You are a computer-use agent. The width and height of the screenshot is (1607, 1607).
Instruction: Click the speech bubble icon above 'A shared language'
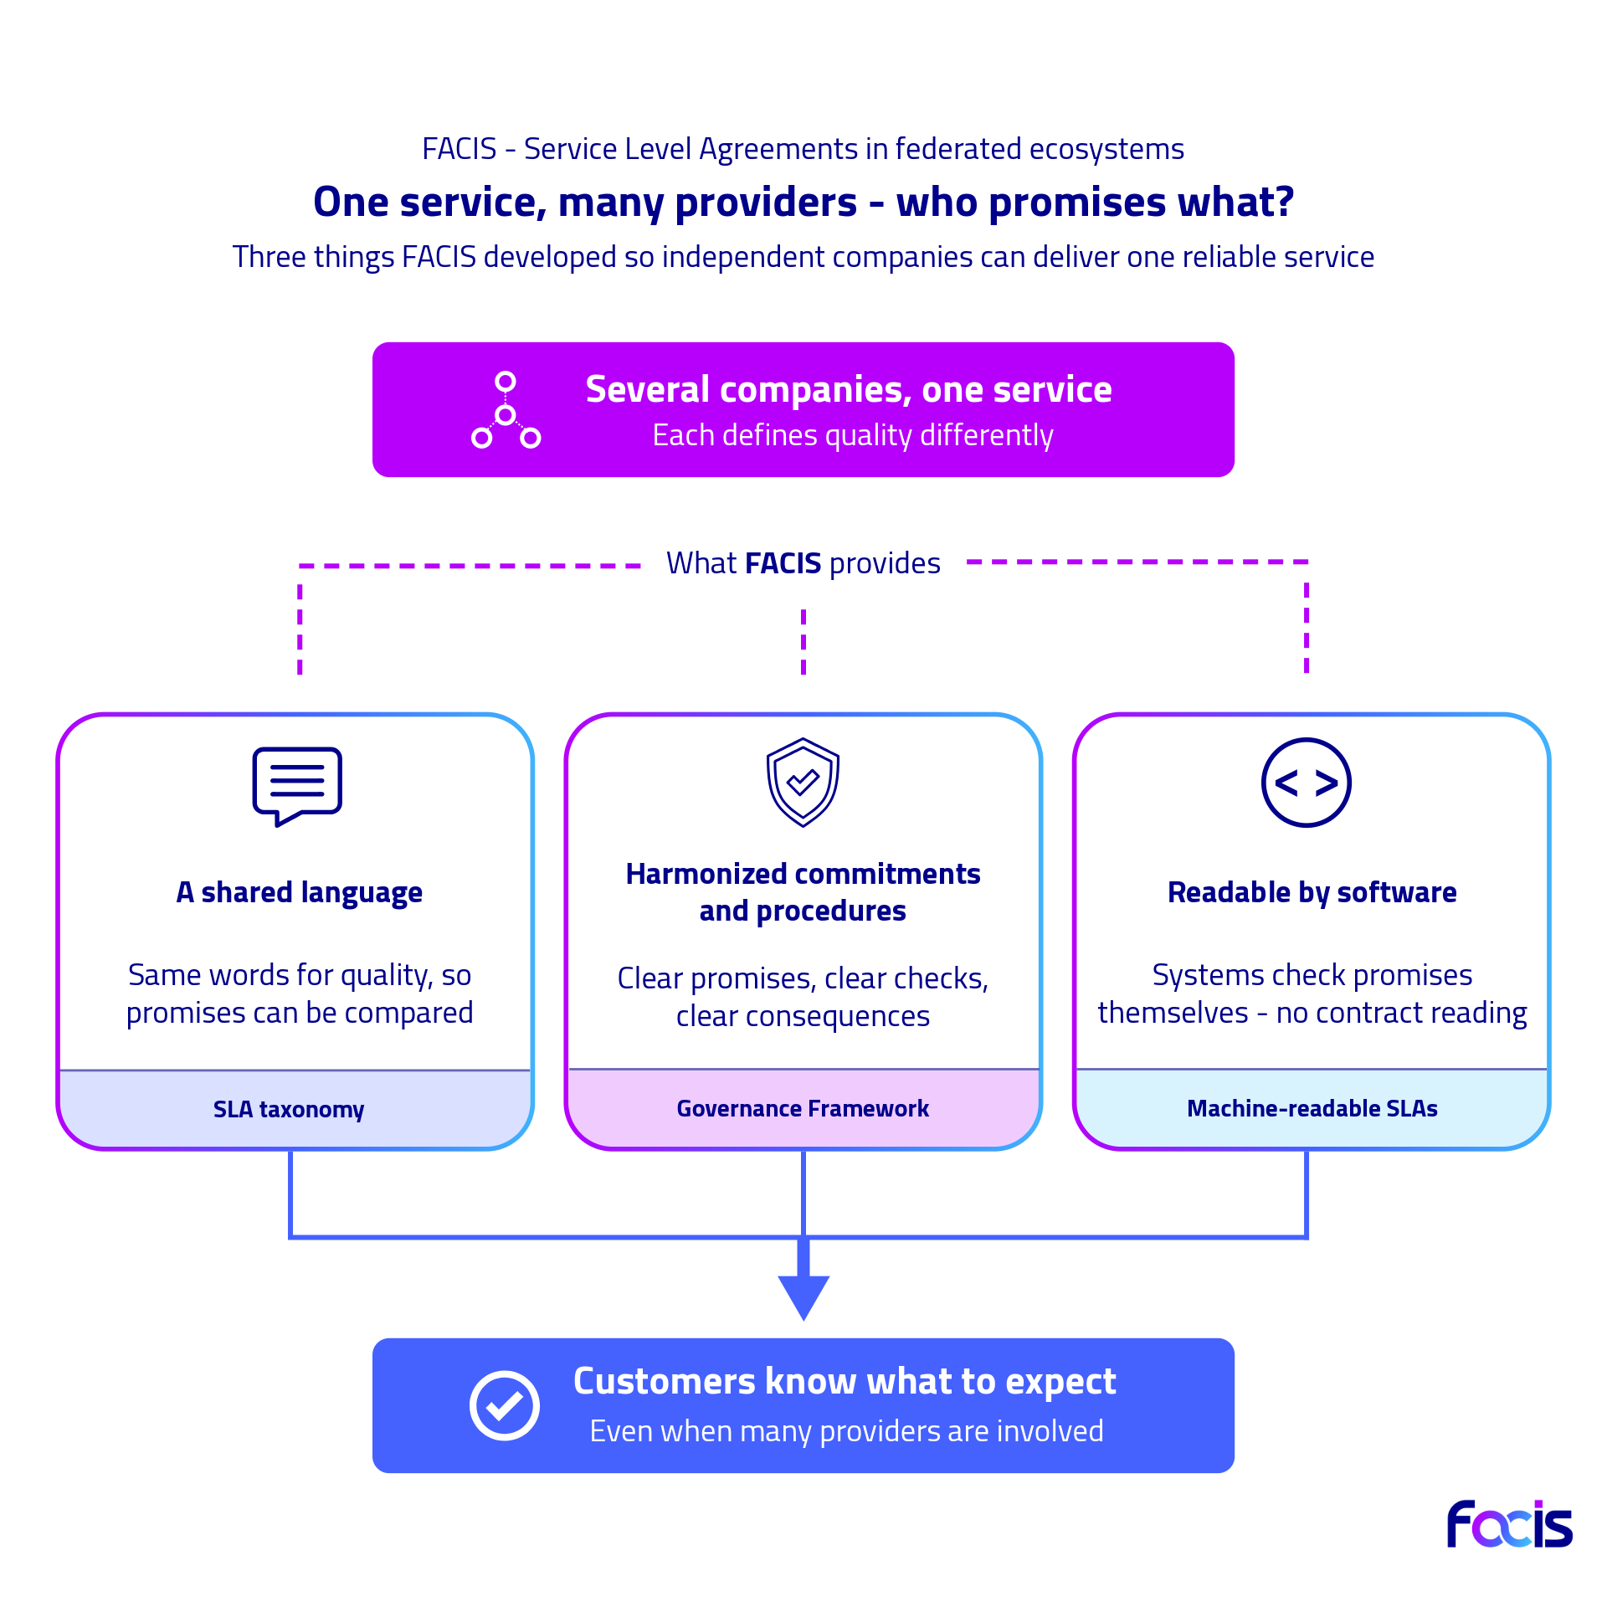(x=297, y=785)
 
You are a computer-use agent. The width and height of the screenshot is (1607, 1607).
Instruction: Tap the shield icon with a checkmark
(x=803, y=782)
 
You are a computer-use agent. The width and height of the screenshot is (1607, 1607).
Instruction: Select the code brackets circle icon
(x=1306, y=783)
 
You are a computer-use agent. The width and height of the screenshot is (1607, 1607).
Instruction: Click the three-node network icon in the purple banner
(x=506, y=410)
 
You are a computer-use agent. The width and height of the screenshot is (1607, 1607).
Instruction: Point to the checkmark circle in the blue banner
(x=504, y=1405)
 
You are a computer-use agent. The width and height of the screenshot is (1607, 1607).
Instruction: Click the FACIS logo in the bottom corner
(x=1510, y=1524)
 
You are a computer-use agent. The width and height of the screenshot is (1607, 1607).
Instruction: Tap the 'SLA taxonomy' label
(x=289, y=1109)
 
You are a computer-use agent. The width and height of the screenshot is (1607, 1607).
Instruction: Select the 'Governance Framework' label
(x=803, y=1108)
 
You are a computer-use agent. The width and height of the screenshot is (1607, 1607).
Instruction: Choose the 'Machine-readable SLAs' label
(x=1312, y=1108)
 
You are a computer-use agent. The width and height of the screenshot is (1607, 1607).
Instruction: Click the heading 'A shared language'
(x=300, y=893)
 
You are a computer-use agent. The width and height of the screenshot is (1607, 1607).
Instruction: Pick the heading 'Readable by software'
(x=1312, y=893)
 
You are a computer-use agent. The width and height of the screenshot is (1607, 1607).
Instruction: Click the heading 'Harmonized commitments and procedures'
(x=803, y=892)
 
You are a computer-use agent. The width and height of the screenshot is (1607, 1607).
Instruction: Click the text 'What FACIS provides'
(x=803, y=563)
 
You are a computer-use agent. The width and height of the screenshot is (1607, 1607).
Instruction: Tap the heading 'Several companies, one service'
(x=849, y=390)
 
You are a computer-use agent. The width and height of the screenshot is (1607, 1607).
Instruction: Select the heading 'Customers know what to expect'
(x=845, y=1382)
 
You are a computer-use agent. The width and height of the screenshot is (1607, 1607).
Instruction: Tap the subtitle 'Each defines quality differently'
(x=853, y=436)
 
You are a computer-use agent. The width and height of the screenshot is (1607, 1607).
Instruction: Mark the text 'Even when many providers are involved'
(x=846, y=1431)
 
